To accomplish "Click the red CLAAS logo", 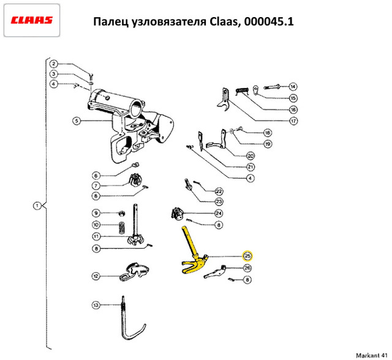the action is pyautogui.click(x=31, y=20).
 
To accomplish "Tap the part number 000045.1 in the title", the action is pyautogui.click(x=269, y=21).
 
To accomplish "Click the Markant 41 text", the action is pyautogui.click(x=372, y=356).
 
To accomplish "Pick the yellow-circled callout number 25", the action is pyautogui.click(x=247, y=256).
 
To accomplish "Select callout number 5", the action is pyautogui.click(x=77, y=121).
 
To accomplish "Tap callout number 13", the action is pyautogui.click(x=96, y=305).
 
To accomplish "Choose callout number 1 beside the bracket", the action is pyautogui.click(x=37, y=206).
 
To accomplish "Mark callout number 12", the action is pyautogui.click(x=96, y=276).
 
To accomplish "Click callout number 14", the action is pyautogui.click(x=293, y=87).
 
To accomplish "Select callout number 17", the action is pyautogui.click(x=293, y=121).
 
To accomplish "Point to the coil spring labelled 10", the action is pyautogui.click(x=122, y=227).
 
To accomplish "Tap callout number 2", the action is pyautogui.click(x=53, y=64).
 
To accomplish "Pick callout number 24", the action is pyautogui.click(x=219, y=213).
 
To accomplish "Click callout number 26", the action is pyautogui.click(x=247, y=268).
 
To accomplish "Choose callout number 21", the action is pyautogui.click(x=251, y=167).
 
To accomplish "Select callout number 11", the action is pyautogui.click(x=96, y=236).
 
